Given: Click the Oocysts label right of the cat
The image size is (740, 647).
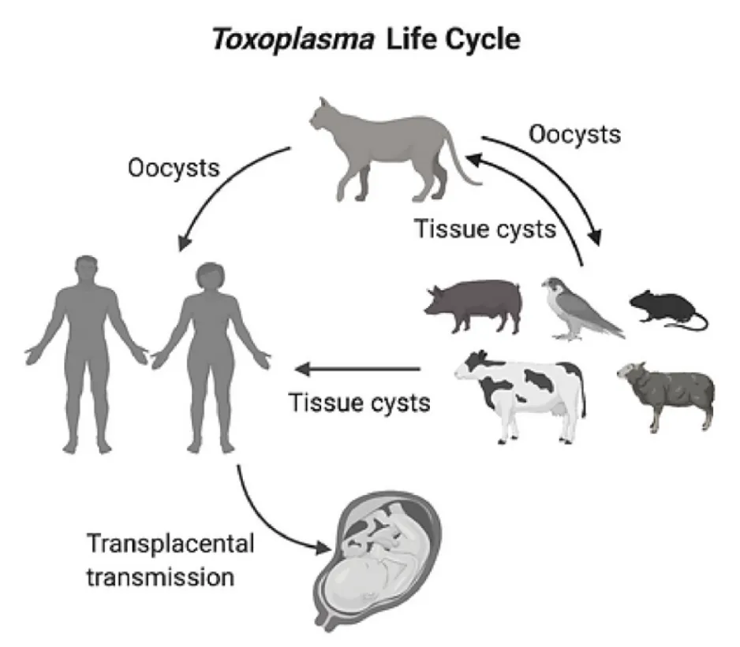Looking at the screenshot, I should (x=574, y=134).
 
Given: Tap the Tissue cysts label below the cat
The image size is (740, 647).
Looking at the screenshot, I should (x=485, y=230).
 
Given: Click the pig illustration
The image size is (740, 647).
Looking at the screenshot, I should (x=474, y=305).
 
